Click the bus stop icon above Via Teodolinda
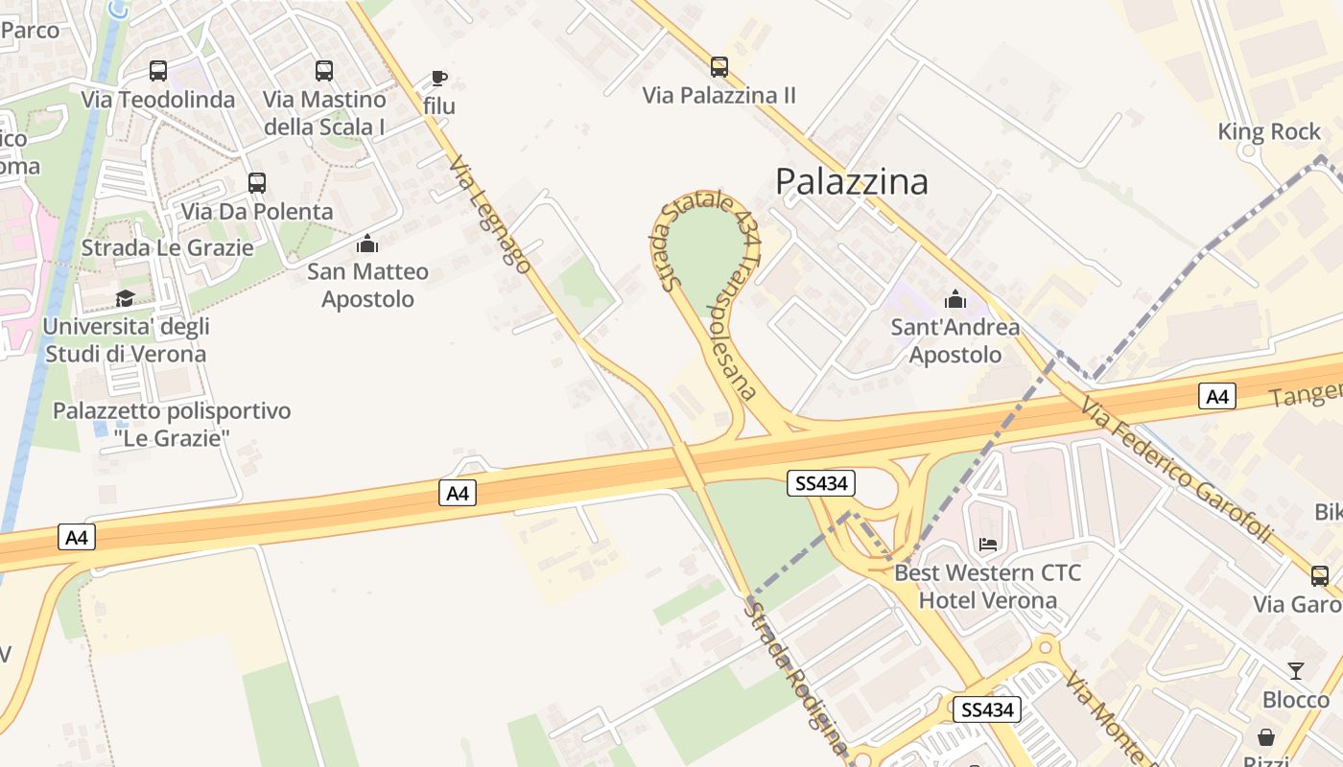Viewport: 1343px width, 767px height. [158, 71]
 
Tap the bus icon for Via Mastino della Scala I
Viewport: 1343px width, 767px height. [324, 71]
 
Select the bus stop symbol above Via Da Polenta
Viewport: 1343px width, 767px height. [256, 183]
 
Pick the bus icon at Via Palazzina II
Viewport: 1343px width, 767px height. [719, 67]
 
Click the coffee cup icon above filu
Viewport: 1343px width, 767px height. [439, 78]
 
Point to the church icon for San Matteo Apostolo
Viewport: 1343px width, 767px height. [367, 244]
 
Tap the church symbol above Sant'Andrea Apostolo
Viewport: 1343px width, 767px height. [954, 299]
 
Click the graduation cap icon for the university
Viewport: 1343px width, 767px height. [125, 298]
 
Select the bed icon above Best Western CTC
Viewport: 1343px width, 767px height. [988, 545]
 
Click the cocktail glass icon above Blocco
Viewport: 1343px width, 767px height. [1296, 671]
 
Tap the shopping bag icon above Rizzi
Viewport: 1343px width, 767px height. [1266, 737]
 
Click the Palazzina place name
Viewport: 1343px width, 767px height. [852, 181]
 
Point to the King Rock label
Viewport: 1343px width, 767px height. [1269, 131]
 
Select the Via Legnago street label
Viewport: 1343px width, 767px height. [489, 215]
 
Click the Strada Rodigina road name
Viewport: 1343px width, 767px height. [796, 676]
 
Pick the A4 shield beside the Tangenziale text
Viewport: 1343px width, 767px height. [1217, 396]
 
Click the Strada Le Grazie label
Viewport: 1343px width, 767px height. [168, 248]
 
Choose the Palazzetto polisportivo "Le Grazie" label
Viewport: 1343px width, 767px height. [172, 425]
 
